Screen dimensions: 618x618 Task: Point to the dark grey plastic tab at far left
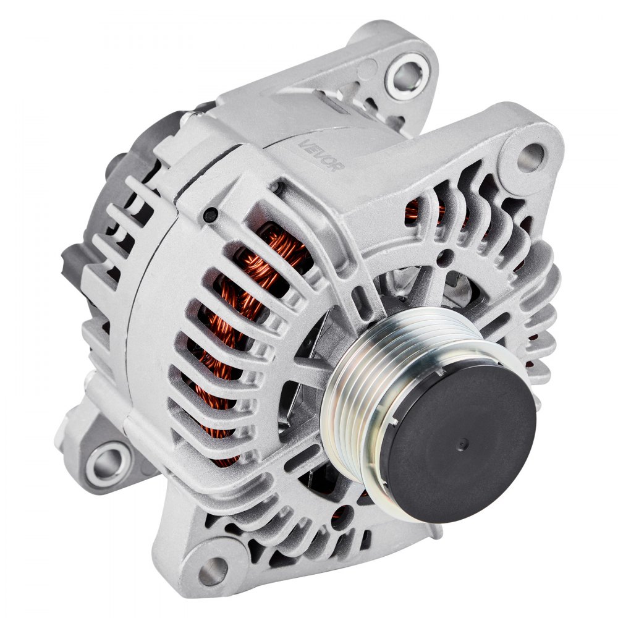click(69, 260)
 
